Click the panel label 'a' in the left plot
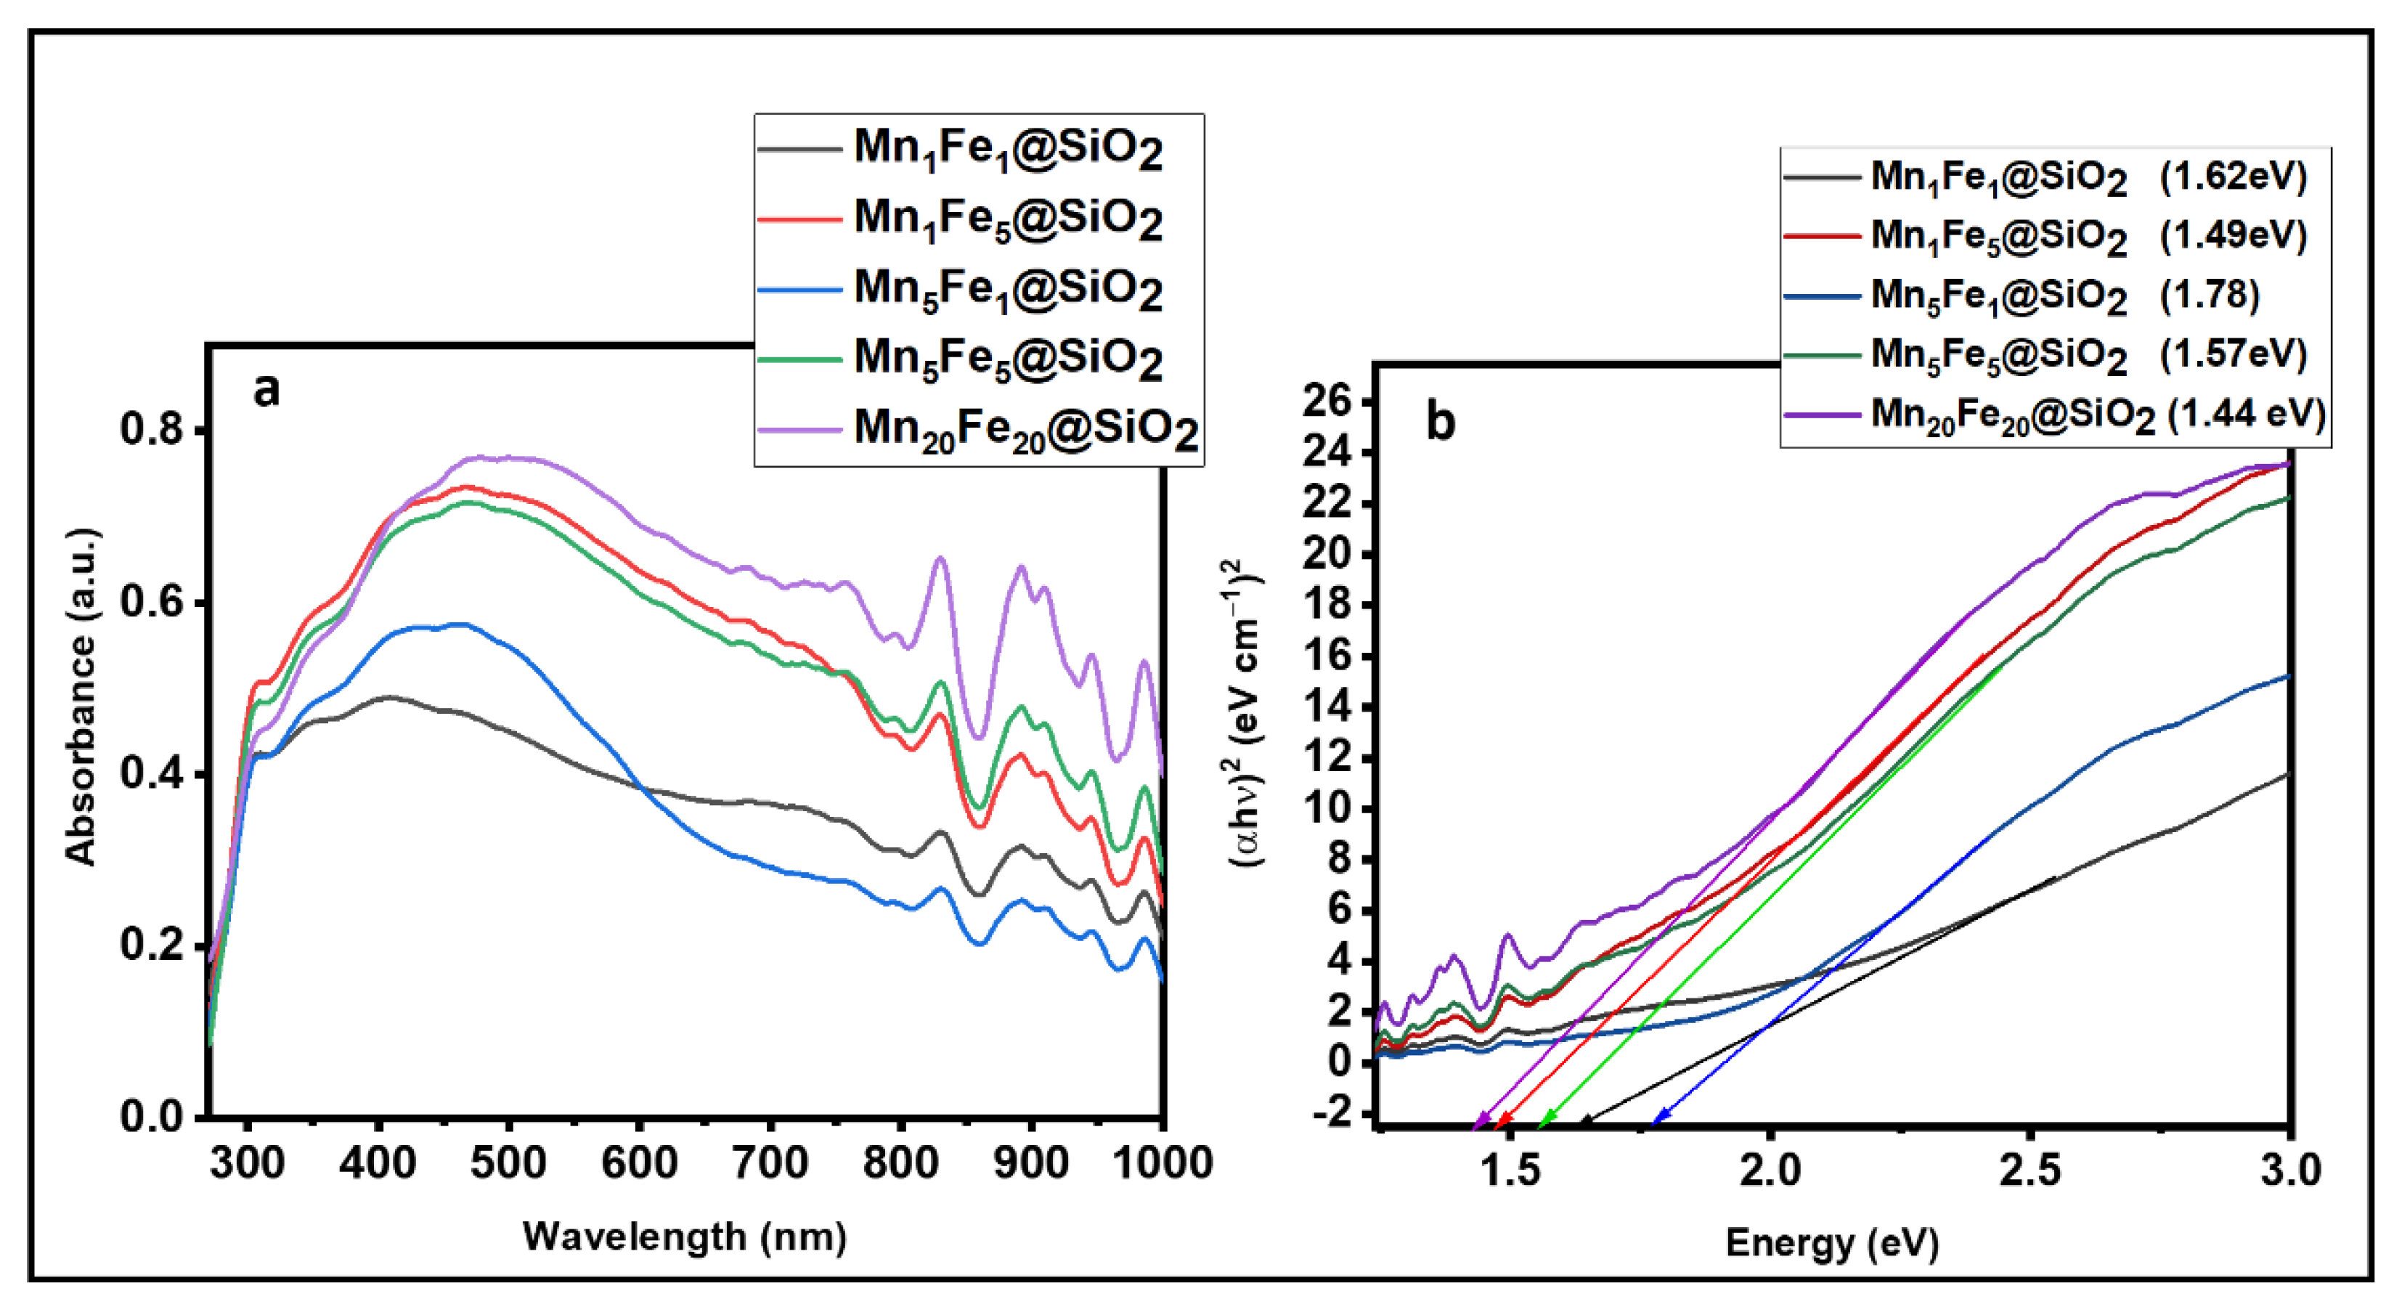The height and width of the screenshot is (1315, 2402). click(266, 391)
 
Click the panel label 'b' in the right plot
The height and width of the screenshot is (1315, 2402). click(1440, 423)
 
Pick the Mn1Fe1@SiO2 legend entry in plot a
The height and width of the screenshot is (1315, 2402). click(1007, 148)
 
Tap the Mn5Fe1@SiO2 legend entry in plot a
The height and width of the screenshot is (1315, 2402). click(1007, 289)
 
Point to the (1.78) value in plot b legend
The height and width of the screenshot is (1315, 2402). click(2209, 295)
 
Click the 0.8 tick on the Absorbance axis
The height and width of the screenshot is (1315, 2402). click(150, 430)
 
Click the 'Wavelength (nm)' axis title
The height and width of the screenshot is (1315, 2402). click(685, 1237)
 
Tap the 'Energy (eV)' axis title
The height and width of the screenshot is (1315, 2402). click(1831, 1243)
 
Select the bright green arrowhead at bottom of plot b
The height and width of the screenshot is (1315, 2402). click(1543, 1119)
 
